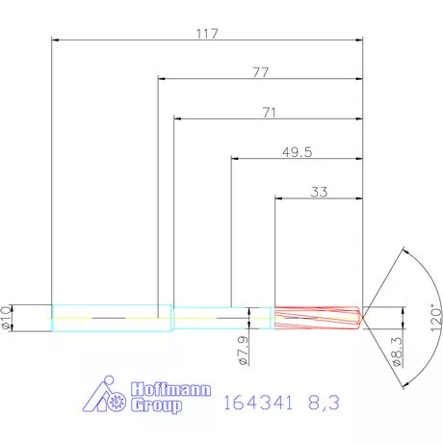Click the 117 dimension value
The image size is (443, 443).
click(x=207, y=33)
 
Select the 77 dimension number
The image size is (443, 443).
click(x=260, y=72)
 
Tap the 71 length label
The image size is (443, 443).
click(x=269, y=113)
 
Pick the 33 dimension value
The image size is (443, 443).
click(x=320, y=192)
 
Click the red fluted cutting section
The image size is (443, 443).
click(x=317, y=318)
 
